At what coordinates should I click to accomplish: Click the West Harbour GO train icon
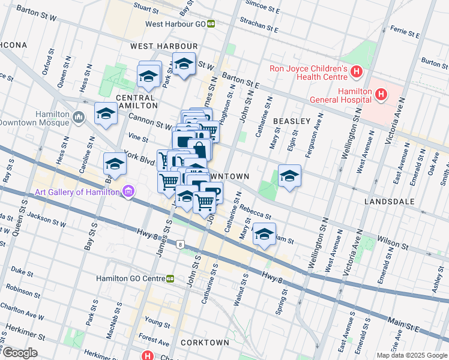211,24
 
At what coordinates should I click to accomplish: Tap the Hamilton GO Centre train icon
170,278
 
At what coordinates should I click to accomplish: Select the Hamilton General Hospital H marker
380,94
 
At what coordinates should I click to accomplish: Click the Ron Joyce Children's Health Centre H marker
357,73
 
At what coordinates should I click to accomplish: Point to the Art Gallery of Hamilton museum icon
127,192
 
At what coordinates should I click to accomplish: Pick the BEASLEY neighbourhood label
292,121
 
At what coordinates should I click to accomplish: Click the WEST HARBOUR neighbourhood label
164,46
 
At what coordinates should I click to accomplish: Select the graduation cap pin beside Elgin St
289,175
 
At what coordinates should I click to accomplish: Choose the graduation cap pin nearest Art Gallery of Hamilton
114,164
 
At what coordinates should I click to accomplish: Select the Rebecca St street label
255,211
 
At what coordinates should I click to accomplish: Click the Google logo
19,353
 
